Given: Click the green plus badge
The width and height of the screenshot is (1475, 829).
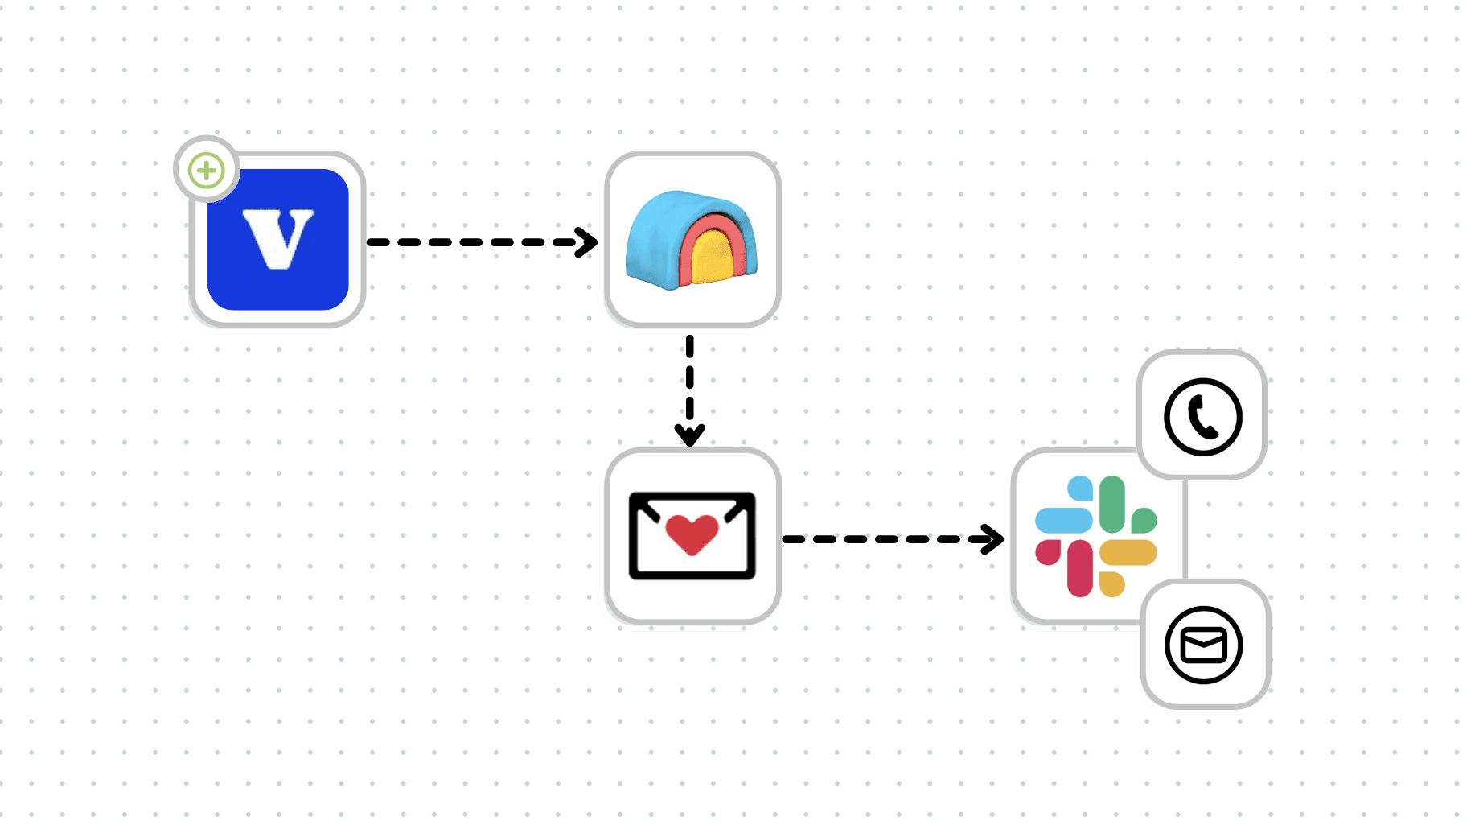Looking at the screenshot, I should click(207, 171).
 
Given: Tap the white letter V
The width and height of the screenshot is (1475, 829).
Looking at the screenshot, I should click(277, 238).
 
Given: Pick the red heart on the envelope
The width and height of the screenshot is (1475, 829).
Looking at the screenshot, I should click(692, 534).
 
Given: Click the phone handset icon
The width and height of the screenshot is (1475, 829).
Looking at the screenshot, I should click(1203, 418).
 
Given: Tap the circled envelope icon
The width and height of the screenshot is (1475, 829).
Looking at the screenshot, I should click(1204, 645).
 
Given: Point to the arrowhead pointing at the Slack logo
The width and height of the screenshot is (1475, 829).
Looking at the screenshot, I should click(994, 539).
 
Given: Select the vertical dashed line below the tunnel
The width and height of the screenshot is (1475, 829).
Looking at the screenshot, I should click(690, 378).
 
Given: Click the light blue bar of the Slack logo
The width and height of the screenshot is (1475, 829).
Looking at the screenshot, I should click(1063, 520).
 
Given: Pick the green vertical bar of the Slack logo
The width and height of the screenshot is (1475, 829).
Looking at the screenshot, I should click(1112, 504).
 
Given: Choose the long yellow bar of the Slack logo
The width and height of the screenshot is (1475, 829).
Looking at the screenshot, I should click(1128, 553).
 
